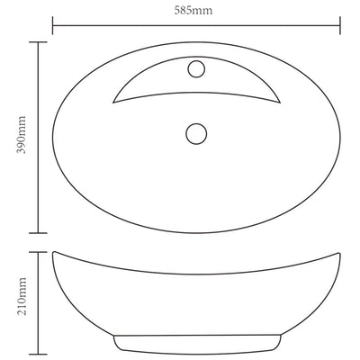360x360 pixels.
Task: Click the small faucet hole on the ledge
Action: click(x=198, y=69)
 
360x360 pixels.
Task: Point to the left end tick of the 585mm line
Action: click(x=51, y=24)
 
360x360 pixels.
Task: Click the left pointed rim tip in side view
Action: click(x=53, y=253)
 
